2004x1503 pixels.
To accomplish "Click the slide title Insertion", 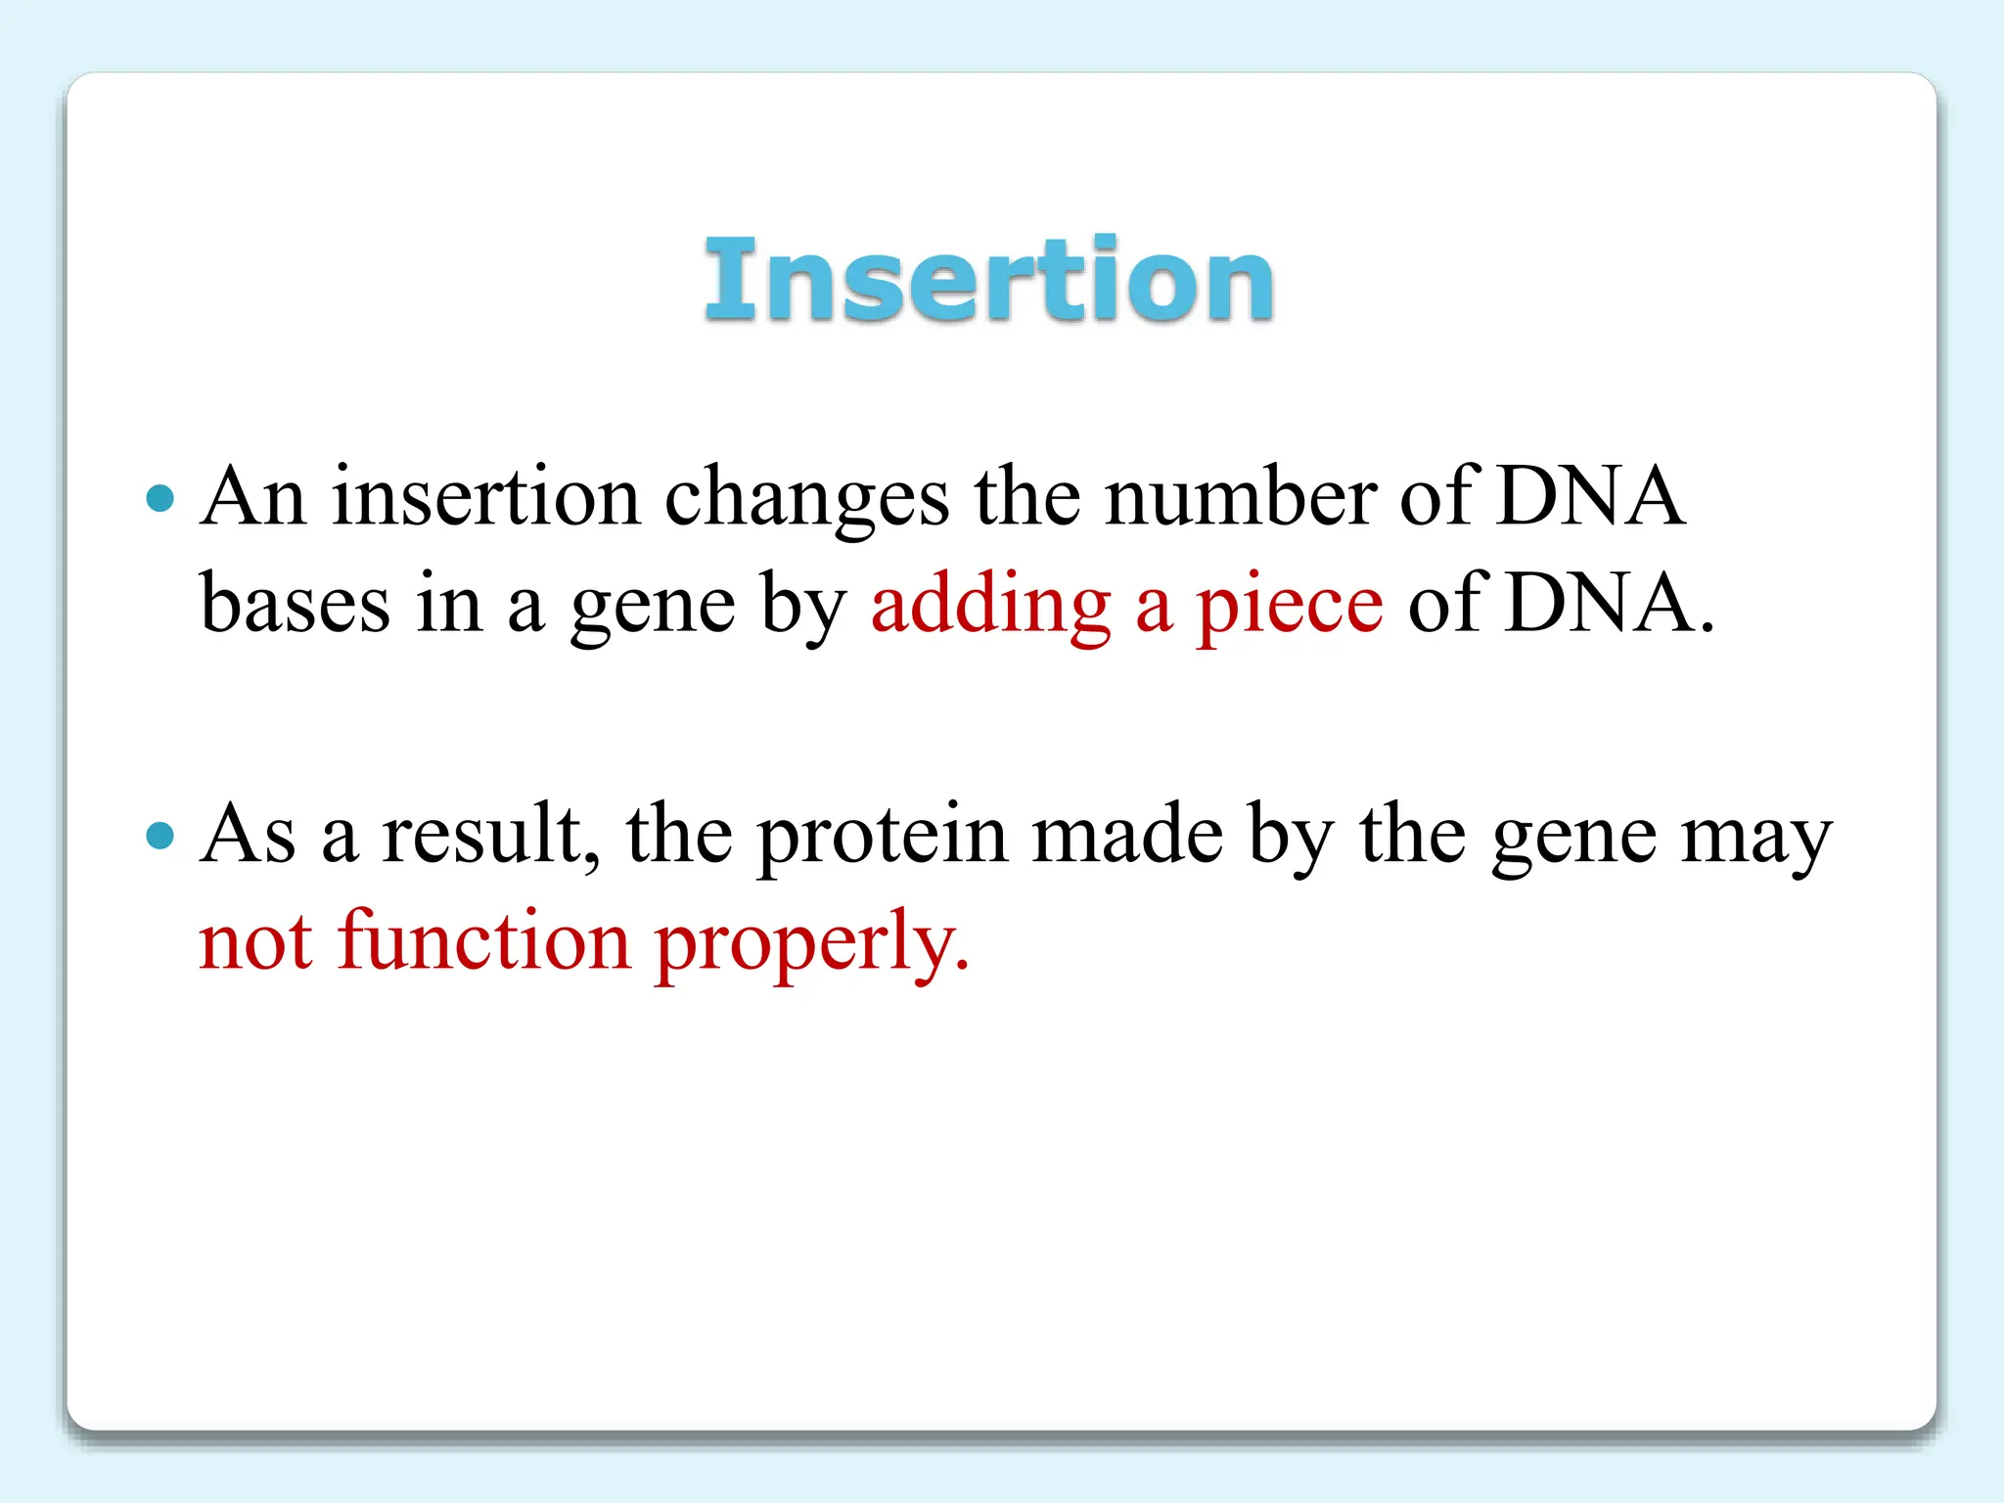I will [988, 281].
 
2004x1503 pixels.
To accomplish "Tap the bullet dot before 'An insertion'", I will [159, 498].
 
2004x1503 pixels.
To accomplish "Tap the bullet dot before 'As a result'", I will [159, 836].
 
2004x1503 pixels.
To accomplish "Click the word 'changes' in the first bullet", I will [806, 500].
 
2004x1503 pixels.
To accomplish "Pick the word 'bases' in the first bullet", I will [295, 605].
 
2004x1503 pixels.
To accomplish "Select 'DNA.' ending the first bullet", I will [1610, 605].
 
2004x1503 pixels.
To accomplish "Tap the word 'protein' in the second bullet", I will [882, 838].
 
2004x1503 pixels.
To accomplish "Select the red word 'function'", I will [484, 940].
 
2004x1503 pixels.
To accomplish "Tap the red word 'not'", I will [255, 942].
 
